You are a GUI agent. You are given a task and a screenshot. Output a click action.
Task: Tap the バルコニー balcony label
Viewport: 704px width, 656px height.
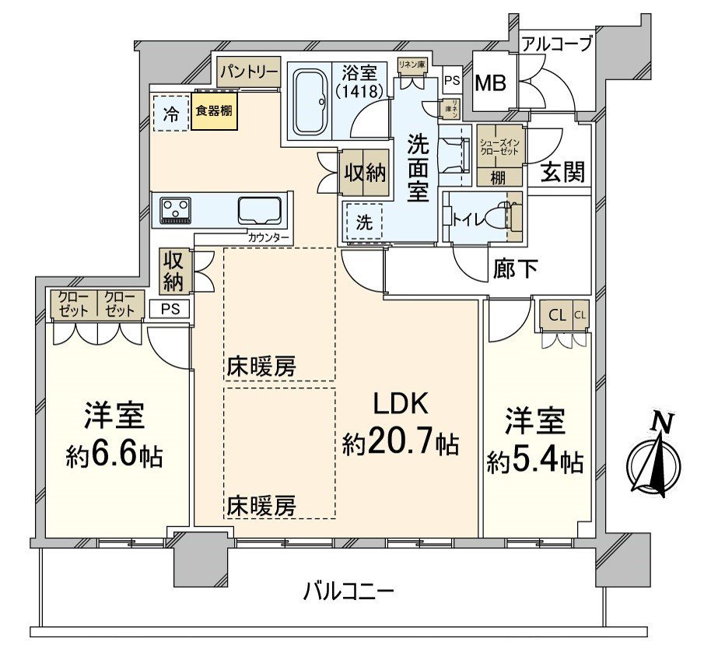point(348,592)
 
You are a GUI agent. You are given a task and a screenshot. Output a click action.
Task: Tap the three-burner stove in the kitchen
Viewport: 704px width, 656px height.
point(176,210)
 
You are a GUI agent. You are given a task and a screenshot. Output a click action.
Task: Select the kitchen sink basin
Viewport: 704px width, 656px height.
point(261,210)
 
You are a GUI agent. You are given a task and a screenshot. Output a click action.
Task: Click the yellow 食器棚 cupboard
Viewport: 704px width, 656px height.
point(212,111)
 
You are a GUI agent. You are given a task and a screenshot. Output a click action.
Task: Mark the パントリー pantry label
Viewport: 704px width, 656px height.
point(248,73)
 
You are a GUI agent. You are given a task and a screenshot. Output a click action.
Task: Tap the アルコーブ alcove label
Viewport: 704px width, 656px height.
point(556,44)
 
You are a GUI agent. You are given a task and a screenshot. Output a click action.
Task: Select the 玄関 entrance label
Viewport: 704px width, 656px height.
point(562,172)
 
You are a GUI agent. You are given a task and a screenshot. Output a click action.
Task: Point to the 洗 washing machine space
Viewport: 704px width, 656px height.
point(364,222)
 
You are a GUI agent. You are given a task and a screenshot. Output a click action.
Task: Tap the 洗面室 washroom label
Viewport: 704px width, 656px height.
point(419,168)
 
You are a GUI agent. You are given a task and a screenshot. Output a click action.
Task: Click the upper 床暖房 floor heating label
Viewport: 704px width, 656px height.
point(261,366)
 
